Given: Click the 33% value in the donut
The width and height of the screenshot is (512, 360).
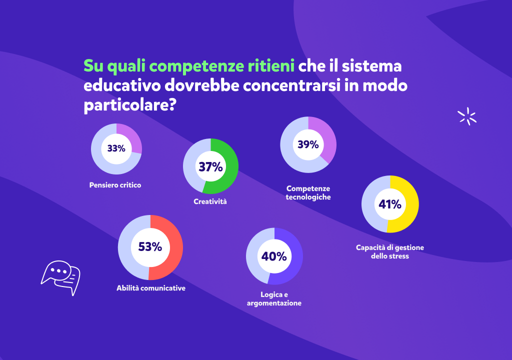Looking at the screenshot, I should (116, 148).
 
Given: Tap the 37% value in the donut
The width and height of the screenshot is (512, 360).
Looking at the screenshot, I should (210, 167).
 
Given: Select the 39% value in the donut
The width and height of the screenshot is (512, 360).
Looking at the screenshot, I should (308, 144).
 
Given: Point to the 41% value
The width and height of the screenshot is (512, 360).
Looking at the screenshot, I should (390, 204).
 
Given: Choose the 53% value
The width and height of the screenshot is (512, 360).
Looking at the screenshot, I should (150, 246).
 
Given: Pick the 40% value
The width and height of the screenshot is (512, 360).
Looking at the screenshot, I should (274, 256).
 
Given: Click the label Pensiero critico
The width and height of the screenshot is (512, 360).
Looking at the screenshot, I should (115, 185).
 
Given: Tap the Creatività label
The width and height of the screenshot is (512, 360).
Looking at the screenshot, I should (210, 201).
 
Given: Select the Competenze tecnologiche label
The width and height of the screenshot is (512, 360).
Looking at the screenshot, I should (308, 192).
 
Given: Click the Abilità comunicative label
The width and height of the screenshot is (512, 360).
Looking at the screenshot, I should (151, 288).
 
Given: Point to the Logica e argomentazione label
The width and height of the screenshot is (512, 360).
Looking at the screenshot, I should (274, 299).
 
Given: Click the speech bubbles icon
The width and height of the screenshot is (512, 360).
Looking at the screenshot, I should (60, 276).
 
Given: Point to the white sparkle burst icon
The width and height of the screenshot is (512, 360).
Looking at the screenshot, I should (467, 117).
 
